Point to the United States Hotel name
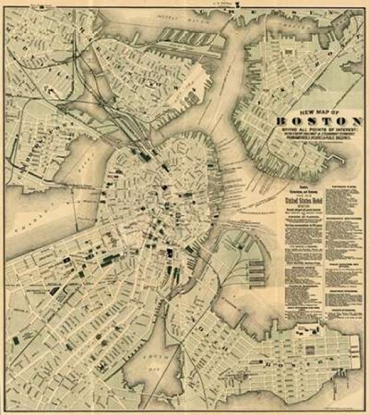coord(305,199)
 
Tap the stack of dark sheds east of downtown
coord(256,271)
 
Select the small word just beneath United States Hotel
coord(305,205)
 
